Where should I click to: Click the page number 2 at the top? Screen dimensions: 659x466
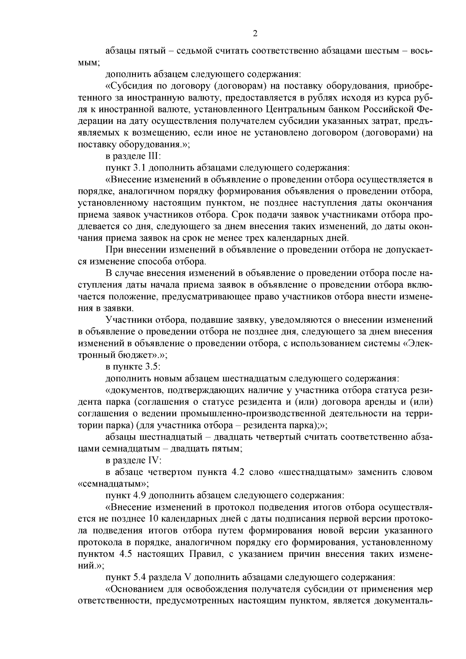[x=255, y=34]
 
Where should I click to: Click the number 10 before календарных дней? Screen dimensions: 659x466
[x=153, y=519]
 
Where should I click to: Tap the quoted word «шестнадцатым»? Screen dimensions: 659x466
[x=315, y=473]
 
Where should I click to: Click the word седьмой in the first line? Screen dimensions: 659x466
[x=193, y=51]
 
